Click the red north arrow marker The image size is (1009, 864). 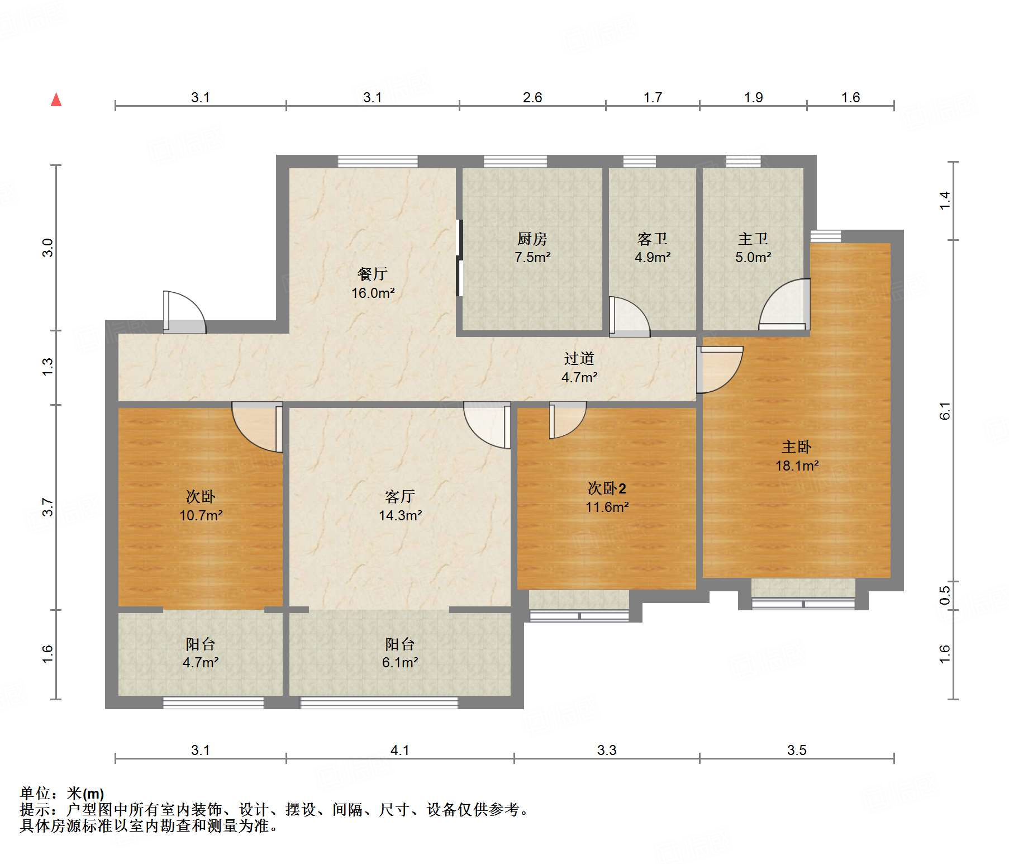point(56,99)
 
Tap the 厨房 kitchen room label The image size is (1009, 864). point(532,239)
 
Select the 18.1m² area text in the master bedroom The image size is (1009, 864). point(797,466)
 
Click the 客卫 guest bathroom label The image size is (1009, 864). point(652,239)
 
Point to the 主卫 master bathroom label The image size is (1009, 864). point(753,239)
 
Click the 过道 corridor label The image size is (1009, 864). point(579,359)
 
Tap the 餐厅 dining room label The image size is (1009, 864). point(372,274)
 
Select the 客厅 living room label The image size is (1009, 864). point(400,496)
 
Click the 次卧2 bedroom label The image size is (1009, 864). point(607,488)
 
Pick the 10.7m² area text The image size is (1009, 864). point(201,515)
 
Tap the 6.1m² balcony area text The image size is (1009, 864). point(400,663)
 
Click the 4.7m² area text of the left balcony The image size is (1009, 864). point(201,663)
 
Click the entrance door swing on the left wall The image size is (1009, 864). point(184,312)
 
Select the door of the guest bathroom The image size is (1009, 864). point(629,317)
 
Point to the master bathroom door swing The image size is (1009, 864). point(784,305)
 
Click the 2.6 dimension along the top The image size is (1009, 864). point(532,98)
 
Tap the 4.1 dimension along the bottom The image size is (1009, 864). point(400,750)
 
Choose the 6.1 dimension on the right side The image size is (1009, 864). point(945,411)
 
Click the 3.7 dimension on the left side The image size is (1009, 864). point(48,507)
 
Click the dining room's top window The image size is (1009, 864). point(378,162)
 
